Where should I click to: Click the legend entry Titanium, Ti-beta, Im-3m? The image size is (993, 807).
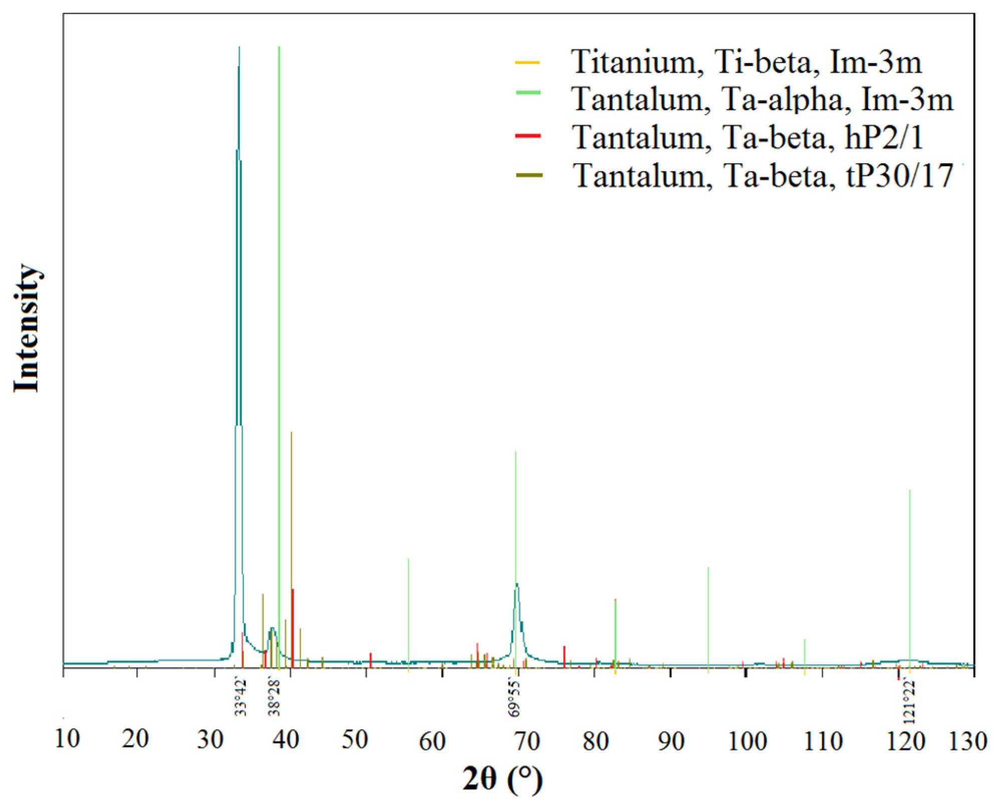(746, 62)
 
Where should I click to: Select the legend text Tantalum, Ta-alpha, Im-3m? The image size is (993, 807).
(762, 99)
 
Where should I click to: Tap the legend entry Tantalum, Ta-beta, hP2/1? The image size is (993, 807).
(748, 137)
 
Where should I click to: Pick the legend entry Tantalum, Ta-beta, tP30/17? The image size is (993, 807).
(763, 176)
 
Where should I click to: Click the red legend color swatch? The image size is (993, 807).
(528, 136)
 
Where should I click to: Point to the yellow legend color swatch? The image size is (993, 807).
(528, 63)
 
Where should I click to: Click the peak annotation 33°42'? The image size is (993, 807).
(240, 697)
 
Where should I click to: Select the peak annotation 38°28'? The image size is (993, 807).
(274, 697)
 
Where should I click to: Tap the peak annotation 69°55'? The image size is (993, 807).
(515, 697)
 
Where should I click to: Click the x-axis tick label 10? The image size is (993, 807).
(67, 739)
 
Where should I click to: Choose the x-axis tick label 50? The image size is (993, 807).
(355, 740)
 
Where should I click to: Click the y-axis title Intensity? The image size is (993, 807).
(26, 328)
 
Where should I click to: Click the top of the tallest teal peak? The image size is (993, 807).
(239, 48)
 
